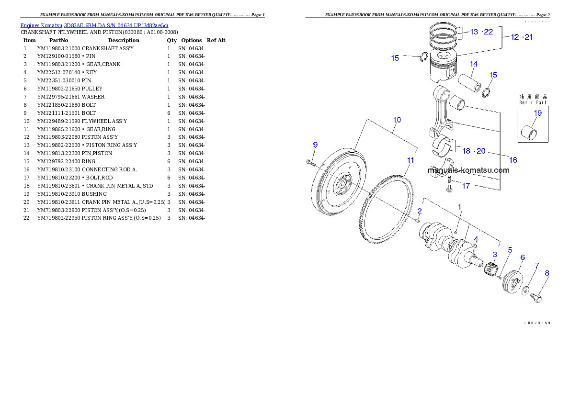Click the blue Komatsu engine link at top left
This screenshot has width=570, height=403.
point(94,25)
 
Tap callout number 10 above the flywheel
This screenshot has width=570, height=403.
point(397,120)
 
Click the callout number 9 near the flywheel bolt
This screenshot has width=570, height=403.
point(315,145)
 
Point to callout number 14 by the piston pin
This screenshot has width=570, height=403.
point(473,64)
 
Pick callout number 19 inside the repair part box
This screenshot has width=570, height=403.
point(537,113)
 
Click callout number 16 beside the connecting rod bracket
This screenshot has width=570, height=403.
point(513,160)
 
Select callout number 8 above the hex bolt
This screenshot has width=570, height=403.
point(547,273)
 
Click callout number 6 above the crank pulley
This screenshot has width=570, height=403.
point(522,257)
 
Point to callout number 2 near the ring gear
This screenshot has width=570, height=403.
point(419,211)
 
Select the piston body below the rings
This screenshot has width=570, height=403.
point(442,69)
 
